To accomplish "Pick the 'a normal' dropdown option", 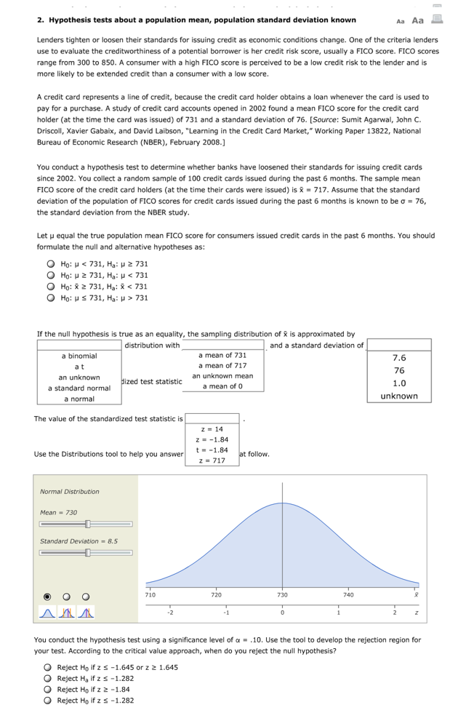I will tap(79, 399).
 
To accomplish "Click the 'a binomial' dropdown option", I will tap(79, 356).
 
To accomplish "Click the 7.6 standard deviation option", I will tap(399, 358).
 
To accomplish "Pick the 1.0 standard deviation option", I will tap(399, 383).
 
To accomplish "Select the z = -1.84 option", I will tap(212, 439).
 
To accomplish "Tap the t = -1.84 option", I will tap(212, 450).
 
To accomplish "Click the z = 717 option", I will tap(212, 460).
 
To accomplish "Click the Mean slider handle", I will tap(87, 524).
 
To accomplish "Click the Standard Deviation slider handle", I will tap(87, 552).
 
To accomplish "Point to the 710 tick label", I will tap(150, 595).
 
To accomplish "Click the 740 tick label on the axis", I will tap(349, 595).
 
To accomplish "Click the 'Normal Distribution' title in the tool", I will tap(70, 492).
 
